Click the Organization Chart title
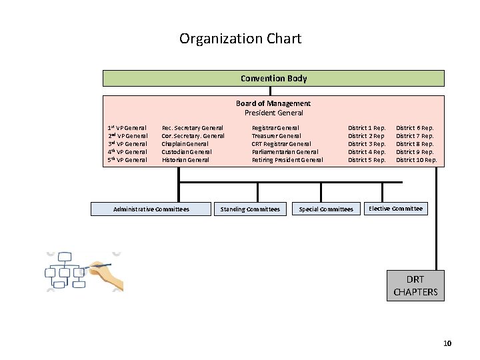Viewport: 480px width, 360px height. [x=240, y=39]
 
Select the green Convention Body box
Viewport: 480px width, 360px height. [x=273, y=79]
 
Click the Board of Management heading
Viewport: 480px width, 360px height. [x=273, y=103]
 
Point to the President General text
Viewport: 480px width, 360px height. [x=273, y=113]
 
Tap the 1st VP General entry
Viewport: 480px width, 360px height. [x=127, y=127]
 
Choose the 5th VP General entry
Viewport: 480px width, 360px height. [x=127, y=160]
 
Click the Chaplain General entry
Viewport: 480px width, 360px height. [x=185, y=144]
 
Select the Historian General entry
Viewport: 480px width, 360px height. [x=185, y=160]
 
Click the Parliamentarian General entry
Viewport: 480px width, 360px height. [x=285, y=152]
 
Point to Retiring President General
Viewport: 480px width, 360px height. [x=287, y=160]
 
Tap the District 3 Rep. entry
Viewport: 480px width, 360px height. [x=367, y=144]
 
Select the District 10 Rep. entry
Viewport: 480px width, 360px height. [x=417, y=160]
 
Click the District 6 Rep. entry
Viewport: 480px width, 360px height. [x=415, y=127]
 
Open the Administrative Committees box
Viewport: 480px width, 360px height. [x=151, y=209]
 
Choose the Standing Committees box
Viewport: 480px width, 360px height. [x=250, y=209]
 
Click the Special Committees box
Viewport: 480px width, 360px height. [x=326, y=209]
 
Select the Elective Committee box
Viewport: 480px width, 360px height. [x=395, y=209]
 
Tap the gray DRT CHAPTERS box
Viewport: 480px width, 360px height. [x=415, y=285]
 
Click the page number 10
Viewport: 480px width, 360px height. [x=447, y=343]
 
